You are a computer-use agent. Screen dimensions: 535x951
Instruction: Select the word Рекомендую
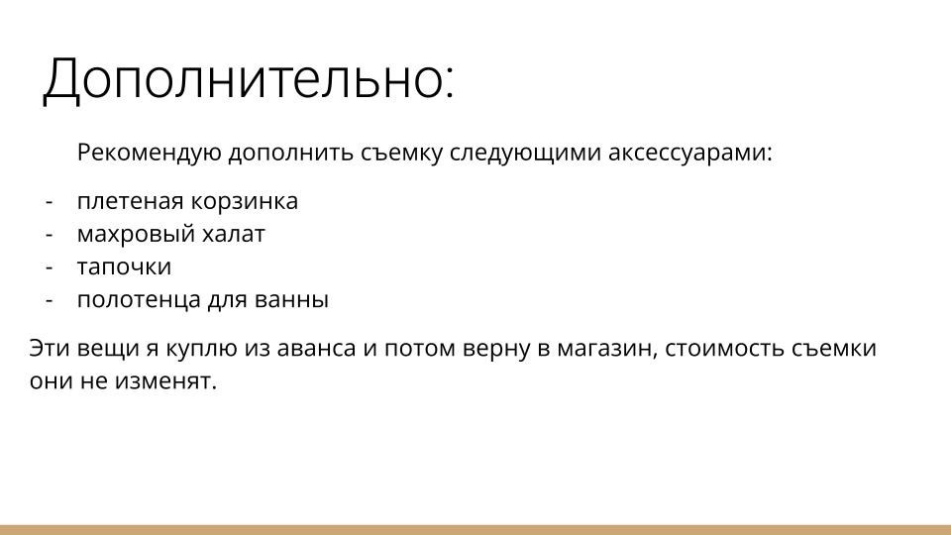(150, 155)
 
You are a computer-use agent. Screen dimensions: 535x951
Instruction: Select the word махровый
(127, 235)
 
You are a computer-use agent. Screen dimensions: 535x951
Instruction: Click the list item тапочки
(124, 267)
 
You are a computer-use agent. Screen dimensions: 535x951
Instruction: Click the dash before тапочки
(49, 267)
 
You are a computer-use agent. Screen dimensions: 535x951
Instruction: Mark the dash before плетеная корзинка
(49, 202)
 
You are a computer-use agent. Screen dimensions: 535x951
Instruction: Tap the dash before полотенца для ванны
(49, 300)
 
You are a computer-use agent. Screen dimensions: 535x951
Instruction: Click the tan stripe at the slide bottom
(475, 529)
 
